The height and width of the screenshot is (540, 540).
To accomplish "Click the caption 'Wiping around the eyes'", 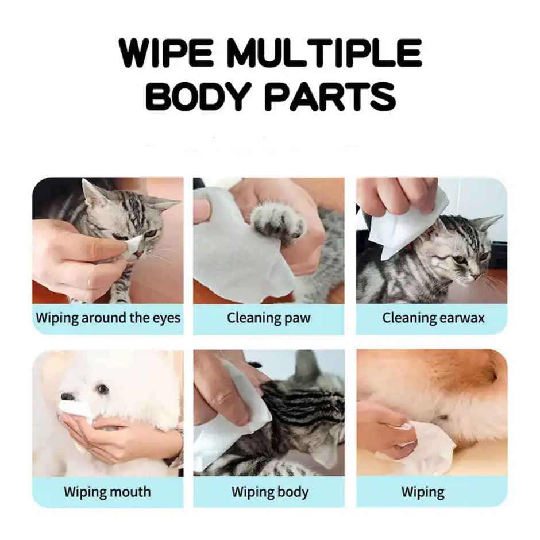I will click(x=108, y=318).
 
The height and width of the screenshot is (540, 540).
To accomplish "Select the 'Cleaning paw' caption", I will click(x=269, y=318).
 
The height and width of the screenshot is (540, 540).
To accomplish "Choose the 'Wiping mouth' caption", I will click(x=107, y=492).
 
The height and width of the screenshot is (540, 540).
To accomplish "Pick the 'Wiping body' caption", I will click(x=269, y=492).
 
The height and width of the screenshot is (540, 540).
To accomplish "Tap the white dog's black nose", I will click(x=68, y=396).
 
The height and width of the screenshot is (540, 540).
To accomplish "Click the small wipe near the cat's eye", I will click(x=134, y=245).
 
